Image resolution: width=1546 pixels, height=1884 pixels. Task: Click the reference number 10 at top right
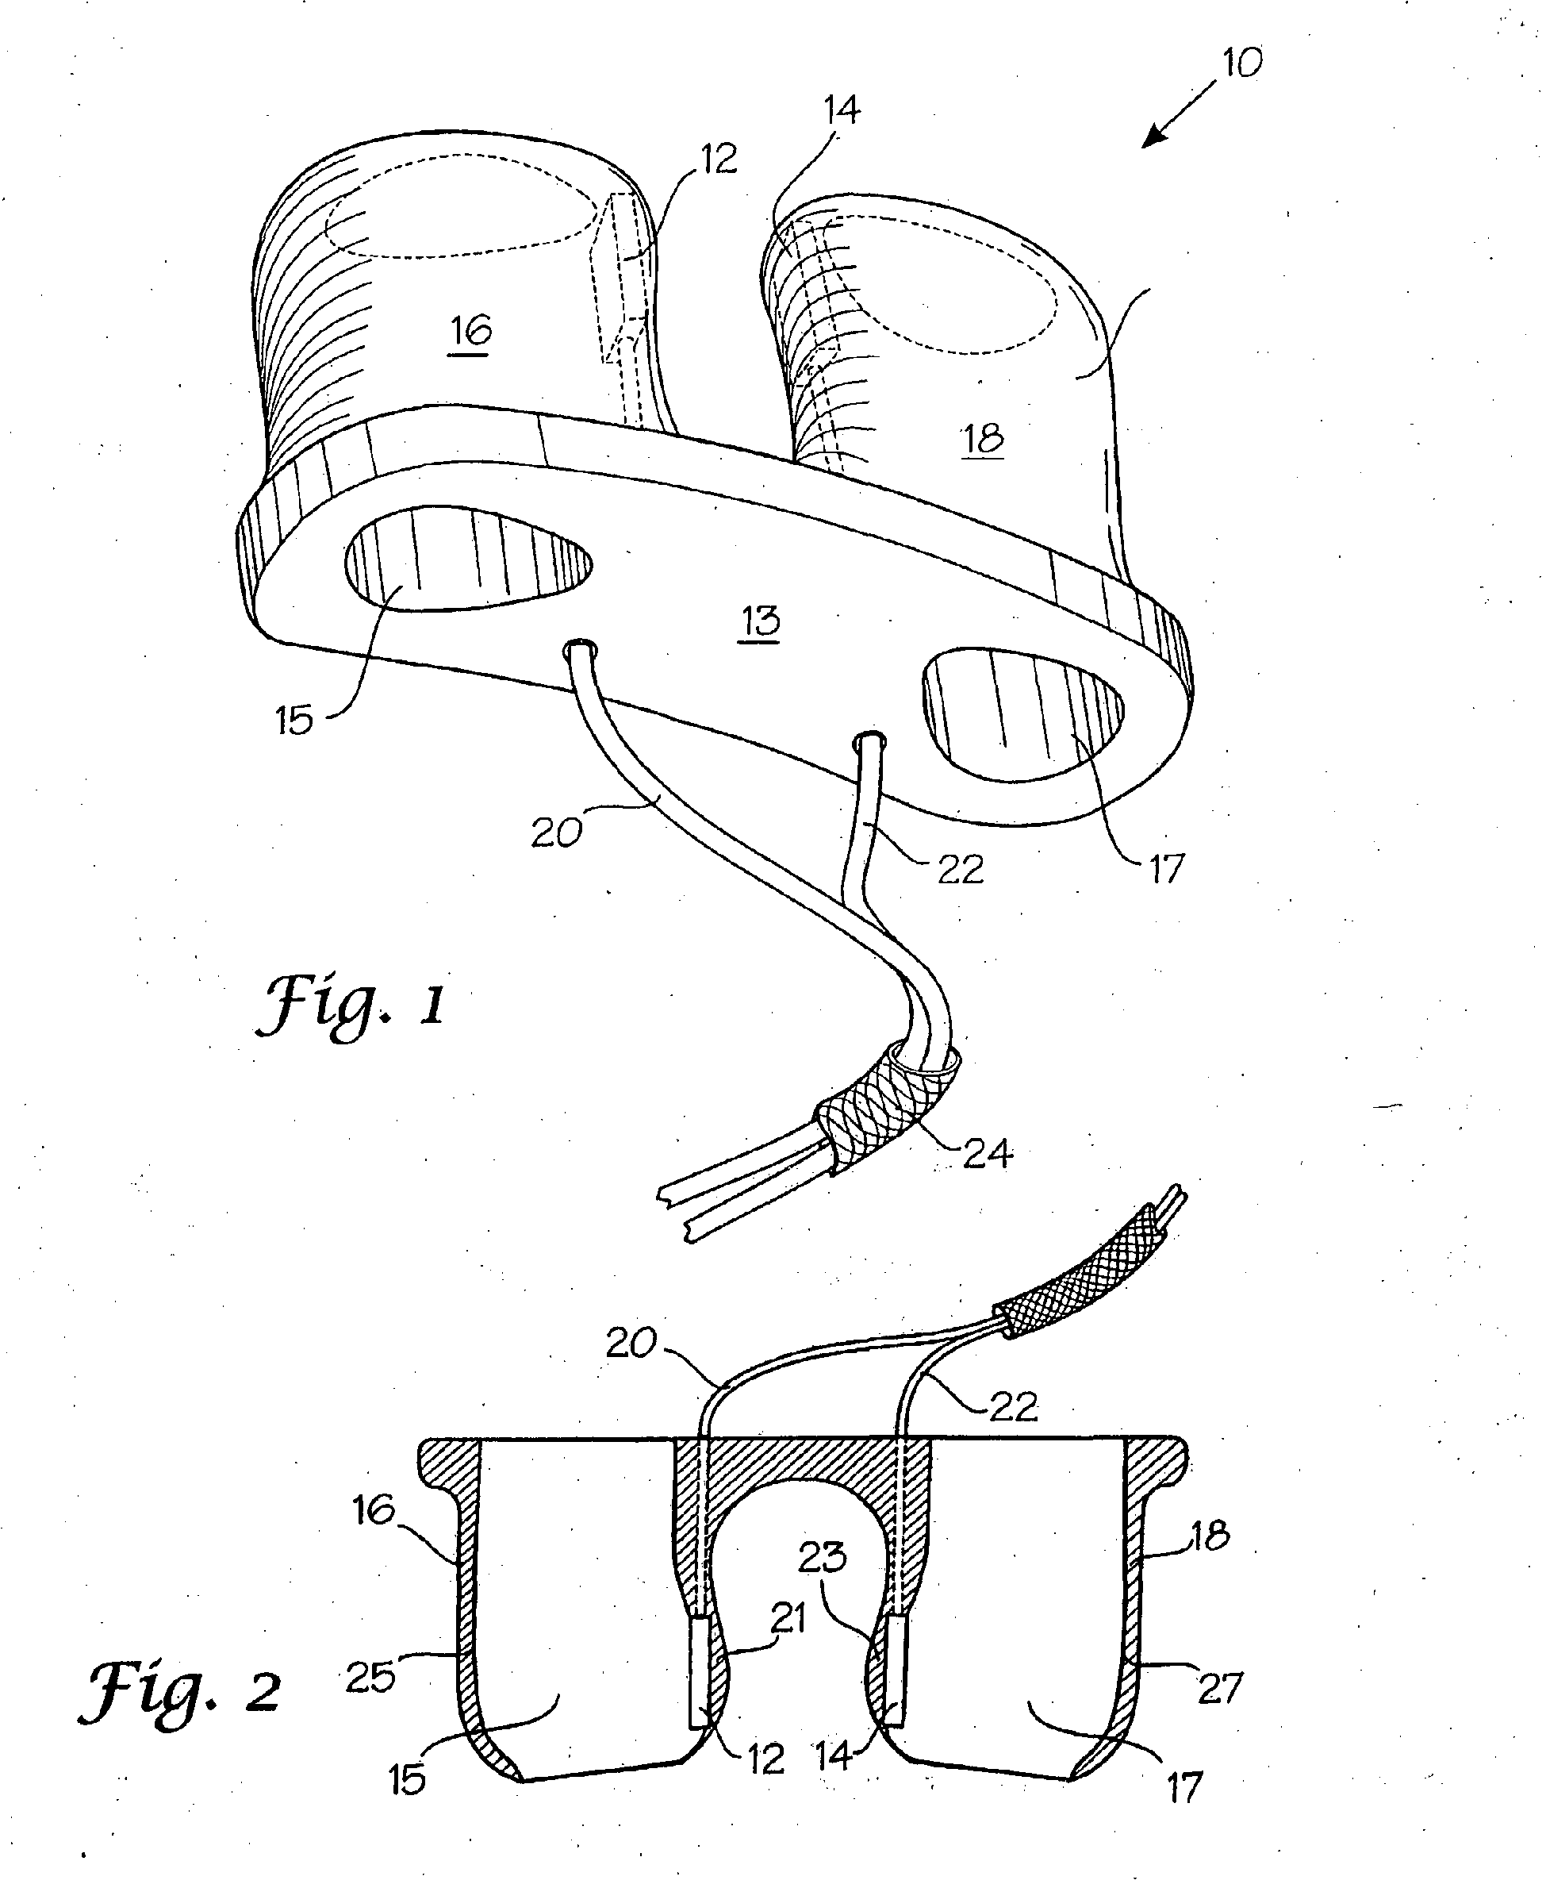click(1241, 63)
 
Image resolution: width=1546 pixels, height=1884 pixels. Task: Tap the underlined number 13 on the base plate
click(760, 620)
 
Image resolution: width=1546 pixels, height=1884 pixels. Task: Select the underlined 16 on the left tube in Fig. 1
click(470, 332)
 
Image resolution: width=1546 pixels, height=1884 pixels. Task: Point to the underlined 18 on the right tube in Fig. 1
click(983, 438)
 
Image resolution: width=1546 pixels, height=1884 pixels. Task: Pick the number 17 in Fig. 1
click(1166, 868)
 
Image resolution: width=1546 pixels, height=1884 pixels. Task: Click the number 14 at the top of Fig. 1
click(841, 110)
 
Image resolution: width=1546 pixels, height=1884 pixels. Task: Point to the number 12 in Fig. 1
click(719, 160)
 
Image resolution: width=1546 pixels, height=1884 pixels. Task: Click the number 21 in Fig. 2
click(787, 1617)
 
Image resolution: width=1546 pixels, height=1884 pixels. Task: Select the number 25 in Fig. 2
click(370, 1678)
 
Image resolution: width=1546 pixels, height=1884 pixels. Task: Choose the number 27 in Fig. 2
click(1219, 1688)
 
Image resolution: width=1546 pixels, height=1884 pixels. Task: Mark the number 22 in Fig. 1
click(960, 868)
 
